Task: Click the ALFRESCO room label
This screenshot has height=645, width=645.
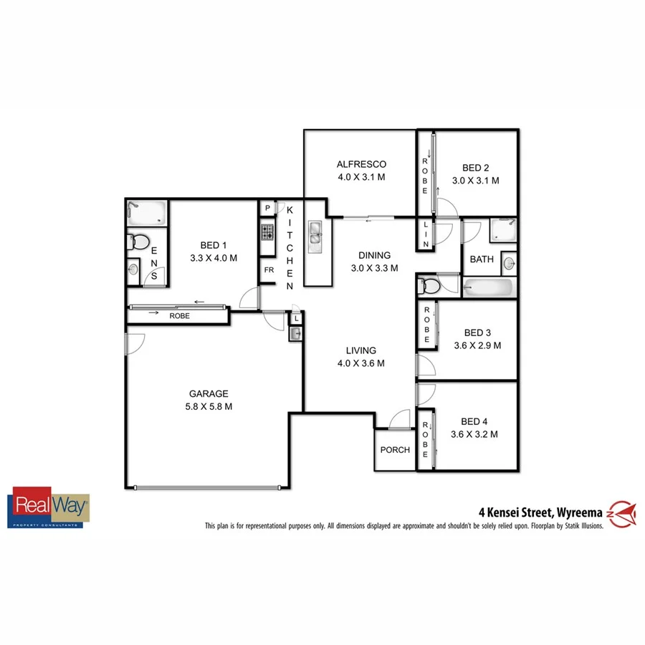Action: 361,164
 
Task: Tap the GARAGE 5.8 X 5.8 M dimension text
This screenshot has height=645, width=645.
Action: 209,406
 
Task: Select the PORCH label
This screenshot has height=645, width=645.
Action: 395,450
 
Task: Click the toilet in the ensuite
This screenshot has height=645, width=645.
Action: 137,242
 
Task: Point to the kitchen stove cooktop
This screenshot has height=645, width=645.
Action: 267,232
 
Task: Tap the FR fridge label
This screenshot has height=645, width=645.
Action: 269,270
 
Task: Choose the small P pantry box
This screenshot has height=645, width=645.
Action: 267,209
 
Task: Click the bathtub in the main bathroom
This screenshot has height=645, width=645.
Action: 489,289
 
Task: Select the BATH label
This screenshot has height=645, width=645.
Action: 481,259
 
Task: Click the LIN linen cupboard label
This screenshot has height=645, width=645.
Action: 426,234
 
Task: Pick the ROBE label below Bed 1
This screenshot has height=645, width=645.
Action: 179,315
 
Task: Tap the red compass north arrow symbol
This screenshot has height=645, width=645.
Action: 623,512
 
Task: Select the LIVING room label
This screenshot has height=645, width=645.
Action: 360,350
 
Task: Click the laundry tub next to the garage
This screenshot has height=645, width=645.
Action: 295,333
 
